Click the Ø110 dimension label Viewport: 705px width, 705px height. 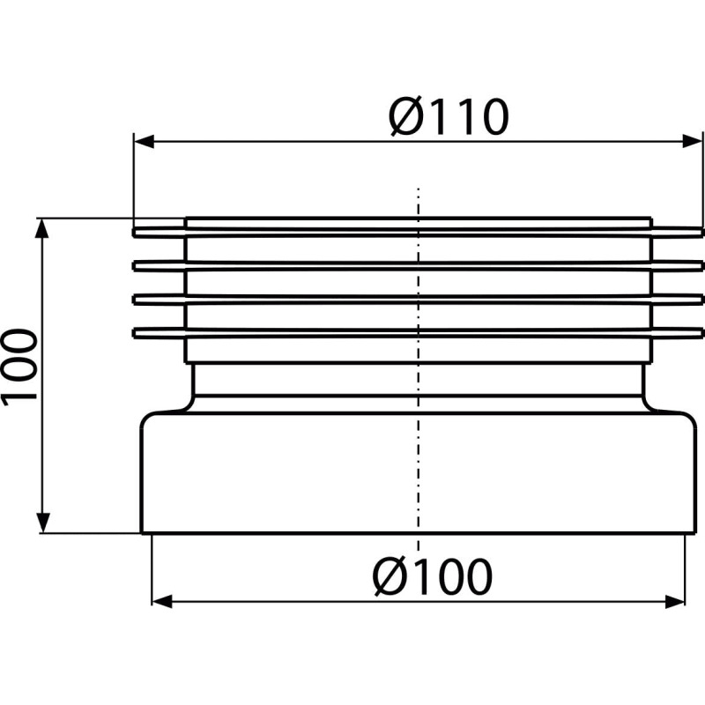449,116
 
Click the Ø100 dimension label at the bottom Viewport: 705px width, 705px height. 433,577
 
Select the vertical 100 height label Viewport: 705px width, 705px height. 19,367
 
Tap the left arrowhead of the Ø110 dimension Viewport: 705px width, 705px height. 144,141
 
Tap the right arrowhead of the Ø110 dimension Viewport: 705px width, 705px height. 693,141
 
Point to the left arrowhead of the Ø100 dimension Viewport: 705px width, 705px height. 162,601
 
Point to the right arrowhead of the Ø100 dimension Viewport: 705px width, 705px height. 675,601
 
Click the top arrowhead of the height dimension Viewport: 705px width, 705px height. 41,229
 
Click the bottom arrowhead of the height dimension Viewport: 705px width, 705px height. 41,523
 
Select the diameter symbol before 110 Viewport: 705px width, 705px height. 404,117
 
